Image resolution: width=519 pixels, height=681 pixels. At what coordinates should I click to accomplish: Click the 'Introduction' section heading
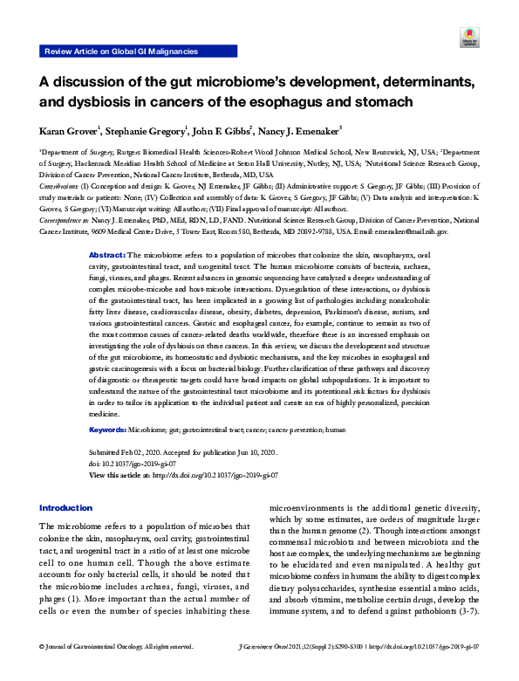[x=66, y=508]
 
